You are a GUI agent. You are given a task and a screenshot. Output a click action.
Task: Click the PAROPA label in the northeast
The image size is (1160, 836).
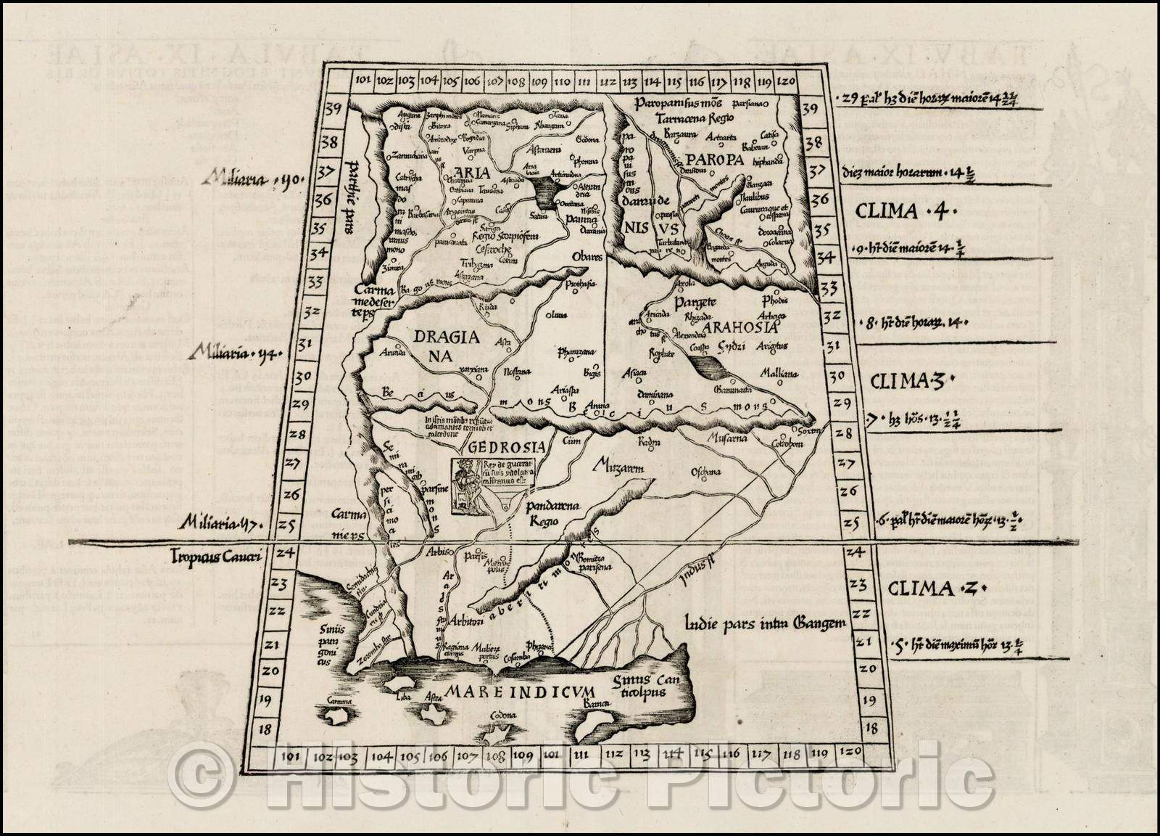click(x=715, y=160)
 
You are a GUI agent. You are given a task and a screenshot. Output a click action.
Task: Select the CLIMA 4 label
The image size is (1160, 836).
click(x=907, y=212)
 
